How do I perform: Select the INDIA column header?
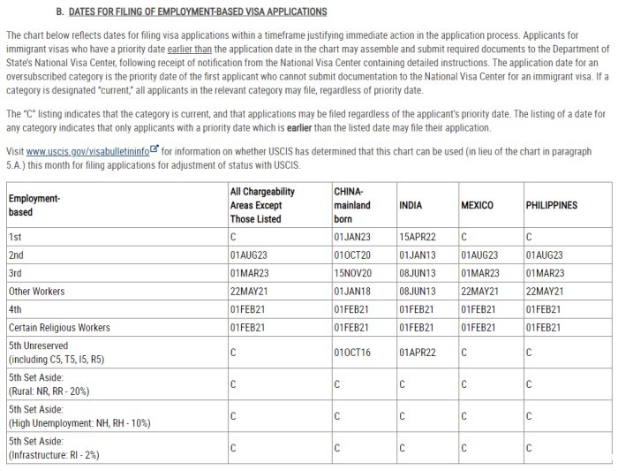(411, 205)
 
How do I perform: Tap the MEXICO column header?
(477, 205)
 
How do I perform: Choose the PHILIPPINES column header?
(551, 205)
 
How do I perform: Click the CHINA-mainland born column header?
(352, 205)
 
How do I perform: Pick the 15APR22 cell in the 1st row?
(417, 237)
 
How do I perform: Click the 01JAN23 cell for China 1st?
(351, 237)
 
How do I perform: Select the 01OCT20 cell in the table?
(351, 254)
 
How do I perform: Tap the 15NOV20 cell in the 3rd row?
(352, 273)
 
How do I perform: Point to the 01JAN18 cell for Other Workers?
(351, 291)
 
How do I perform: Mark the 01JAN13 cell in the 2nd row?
(417, 254)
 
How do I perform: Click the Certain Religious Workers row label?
(58, 327)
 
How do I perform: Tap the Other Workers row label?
(37, 291)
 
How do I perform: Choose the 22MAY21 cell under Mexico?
(480, 291)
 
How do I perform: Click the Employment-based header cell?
(34, 205)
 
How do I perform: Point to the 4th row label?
(16, 309)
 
